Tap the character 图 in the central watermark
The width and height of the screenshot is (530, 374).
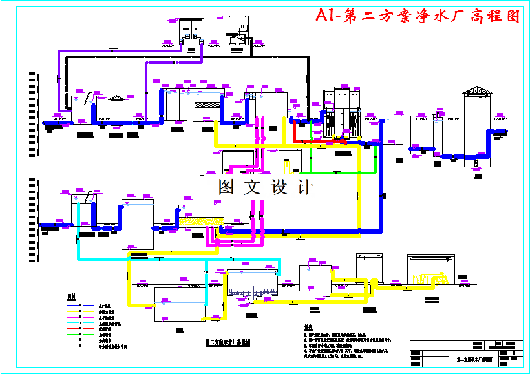coord(227,187)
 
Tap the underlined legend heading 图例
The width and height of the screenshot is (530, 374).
coord(71,296)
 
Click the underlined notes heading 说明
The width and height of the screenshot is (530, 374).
coord(308,327)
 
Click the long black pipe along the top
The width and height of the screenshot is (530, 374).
coord(187,57)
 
